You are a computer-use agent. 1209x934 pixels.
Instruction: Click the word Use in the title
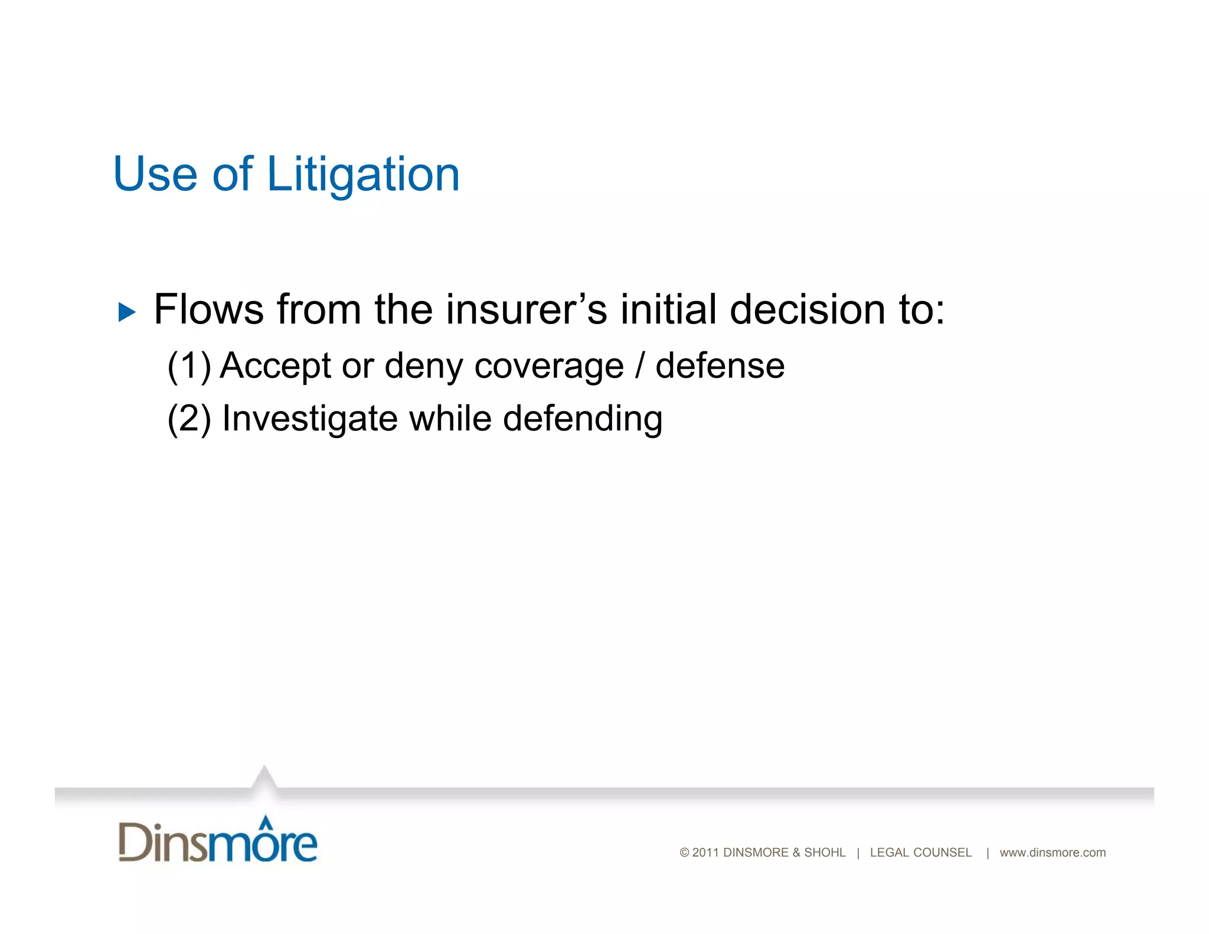click(155, 175)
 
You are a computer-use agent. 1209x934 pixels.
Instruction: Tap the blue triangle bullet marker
click(127, 312)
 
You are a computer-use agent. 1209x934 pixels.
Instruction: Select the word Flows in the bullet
click(208, 309)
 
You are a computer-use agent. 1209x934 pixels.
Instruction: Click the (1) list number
click(189, 366)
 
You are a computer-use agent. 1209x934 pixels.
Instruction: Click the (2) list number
click(189, 419)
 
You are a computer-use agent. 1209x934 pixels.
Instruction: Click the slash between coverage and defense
click(639, 366)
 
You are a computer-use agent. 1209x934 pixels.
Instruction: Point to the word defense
click(720, 366)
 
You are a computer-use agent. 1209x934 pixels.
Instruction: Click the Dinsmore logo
click(217, 841)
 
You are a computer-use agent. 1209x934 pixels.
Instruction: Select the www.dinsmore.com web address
click(1052, 853)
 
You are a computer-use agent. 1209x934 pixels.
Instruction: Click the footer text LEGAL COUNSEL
click(920, 853)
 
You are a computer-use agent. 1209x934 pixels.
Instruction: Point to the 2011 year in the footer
click(705, 853)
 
